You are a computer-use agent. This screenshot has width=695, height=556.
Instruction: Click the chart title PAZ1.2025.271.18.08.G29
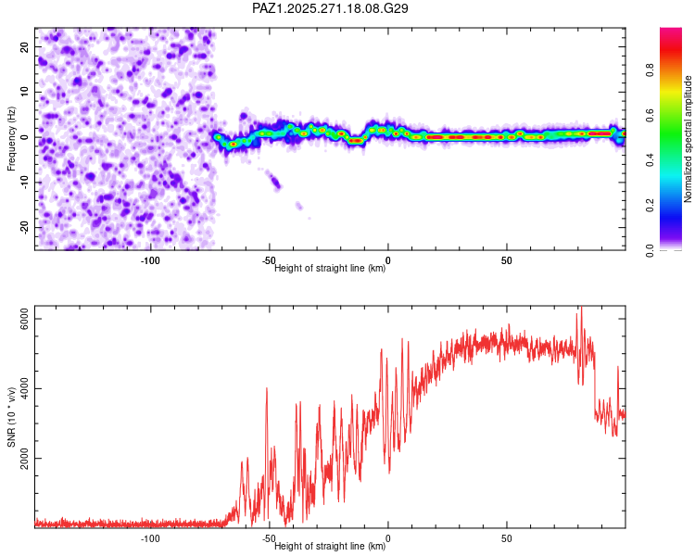[331, 8]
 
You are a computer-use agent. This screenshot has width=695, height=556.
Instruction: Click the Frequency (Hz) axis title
[12, 137]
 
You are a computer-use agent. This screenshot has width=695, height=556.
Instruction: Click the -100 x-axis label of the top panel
[150, 260]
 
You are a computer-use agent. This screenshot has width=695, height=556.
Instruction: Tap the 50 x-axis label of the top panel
[507, 260]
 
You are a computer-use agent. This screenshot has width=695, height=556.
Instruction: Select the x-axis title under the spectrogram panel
[330, 269]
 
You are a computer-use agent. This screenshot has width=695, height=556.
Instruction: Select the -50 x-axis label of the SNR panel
[269, 538]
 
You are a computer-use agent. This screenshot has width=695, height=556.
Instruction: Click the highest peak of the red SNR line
[581, 309]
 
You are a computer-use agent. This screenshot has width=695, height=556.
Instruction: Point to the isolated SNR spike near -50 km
[267, 389]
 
